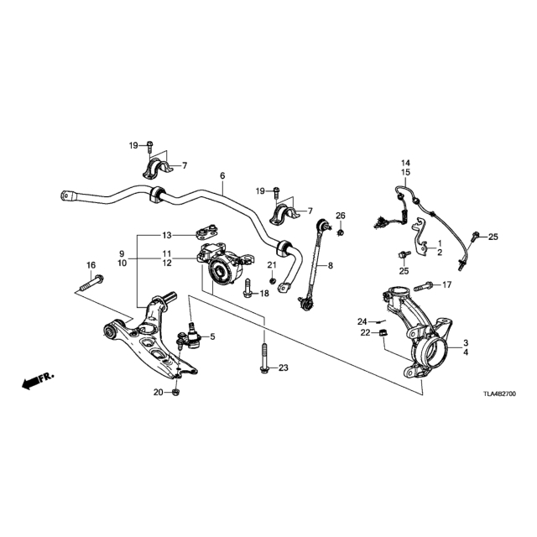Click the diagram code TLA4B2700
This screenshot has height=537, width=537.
point(499,394)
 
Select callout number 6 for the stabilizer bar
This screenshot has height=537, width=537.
point(222,176)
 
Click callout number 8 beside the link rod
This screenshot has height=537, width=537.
point(330,265)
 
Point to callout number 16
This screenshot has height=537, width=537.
point(91,265)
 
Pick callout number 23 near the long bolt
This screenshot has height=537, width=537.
point(284,368)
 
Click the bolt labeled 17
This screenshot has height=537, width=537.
point(423,285)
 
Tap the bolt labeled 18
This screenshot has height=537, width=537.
point(248,288)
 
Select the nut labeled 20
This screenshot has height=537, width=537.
point(175,392)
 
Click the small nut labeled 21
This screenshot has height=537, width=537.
point(272,280)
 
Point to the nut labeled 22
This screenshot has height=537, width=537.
point(383,332)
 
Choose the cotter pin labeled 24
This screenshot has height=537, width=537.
point(380,321)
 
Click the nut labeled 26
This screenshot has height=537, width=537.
point(340,233)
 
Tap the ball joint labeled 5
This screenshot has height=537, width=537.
point(190,336)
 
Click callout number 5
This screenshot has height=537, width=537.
point(212,337)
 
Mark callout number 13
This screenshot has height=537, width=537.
point(167,235)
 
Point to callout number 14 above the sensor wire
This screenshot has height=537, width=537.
point(406,163)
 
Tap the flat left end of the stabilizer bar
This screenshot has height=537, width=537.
point(68,196)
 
